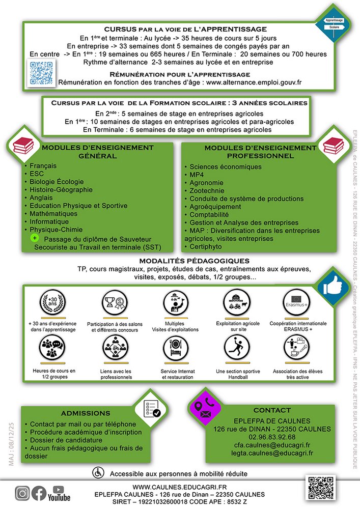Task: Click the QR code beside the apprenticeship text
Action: coord(41,72)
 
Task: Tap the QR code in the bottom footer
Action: coord(321,487)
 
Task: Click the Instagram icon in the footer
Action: coord(22,493)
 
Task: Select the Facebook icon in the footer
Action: coord(39,493)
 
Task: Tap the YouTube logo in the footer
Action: coord(59,493)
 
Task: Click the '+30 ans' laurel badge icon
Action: coord(52,304)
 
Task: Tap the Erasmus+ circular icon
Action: coord(297,304)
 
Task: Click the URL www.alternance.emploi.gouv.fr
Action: coord(254,82)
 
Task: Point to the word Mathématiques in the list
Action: coord(53,214)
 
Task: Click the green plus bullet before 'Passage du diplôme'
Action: coord(34,238)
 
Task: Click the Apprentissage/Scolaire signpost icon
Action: coord(334,24)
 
